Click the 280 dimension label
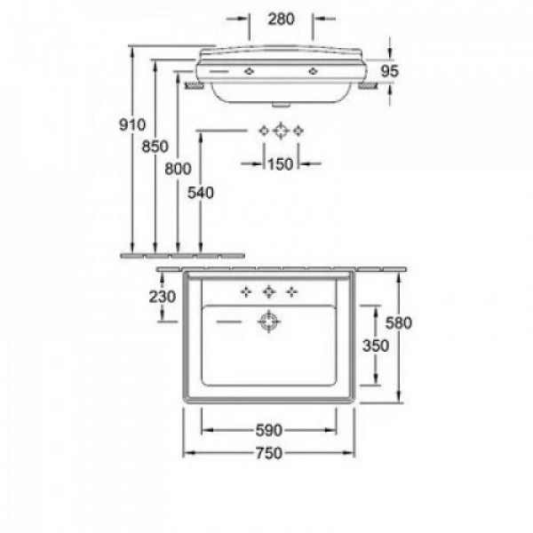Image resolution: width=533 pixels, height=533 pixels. coord(281,19)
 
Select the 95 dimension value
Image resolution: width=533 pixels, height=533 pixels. coord(389,71)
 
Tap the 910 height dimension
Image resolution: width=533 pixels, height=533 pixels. coord(132,124)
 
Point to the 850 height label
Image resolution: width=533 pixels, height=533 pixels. coord(155,147)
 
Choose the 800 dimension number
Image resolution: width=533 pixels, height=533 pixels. coord(178,169)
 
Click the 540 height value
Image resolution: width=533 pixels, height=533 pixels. coord(201,193)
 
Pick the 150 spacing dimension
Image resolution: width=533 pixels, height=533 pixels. coord(280,164)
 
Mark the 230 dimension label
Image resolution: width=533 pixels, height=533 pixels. coord(163,297)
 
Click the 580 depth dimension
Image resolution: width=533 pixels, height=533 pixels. coord(398,322)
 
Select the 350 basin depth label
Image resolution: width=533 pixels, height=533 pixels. coord(376,346)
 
